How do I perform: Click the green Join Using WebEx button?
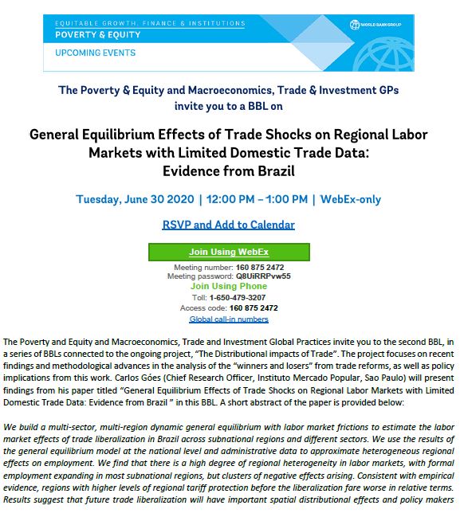pyautogui.click(x=228, y=252)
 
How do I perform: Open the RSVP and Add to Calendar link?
pyautogui.click(x=228, y=225)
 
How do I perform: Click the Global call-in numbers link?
pyautogui.click(x=228, y=319)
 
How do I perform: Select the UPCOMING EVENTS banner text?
pyautogui.click(x=96, y=53)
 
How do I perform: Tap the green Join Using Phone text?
pyautogui.click(x=228, y=286)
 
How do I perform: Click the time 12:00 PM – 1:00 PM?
pyautogui.click(x=255, y=199)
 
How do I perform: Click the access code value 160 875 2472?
pyautogui.click(x=253, y=307)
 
